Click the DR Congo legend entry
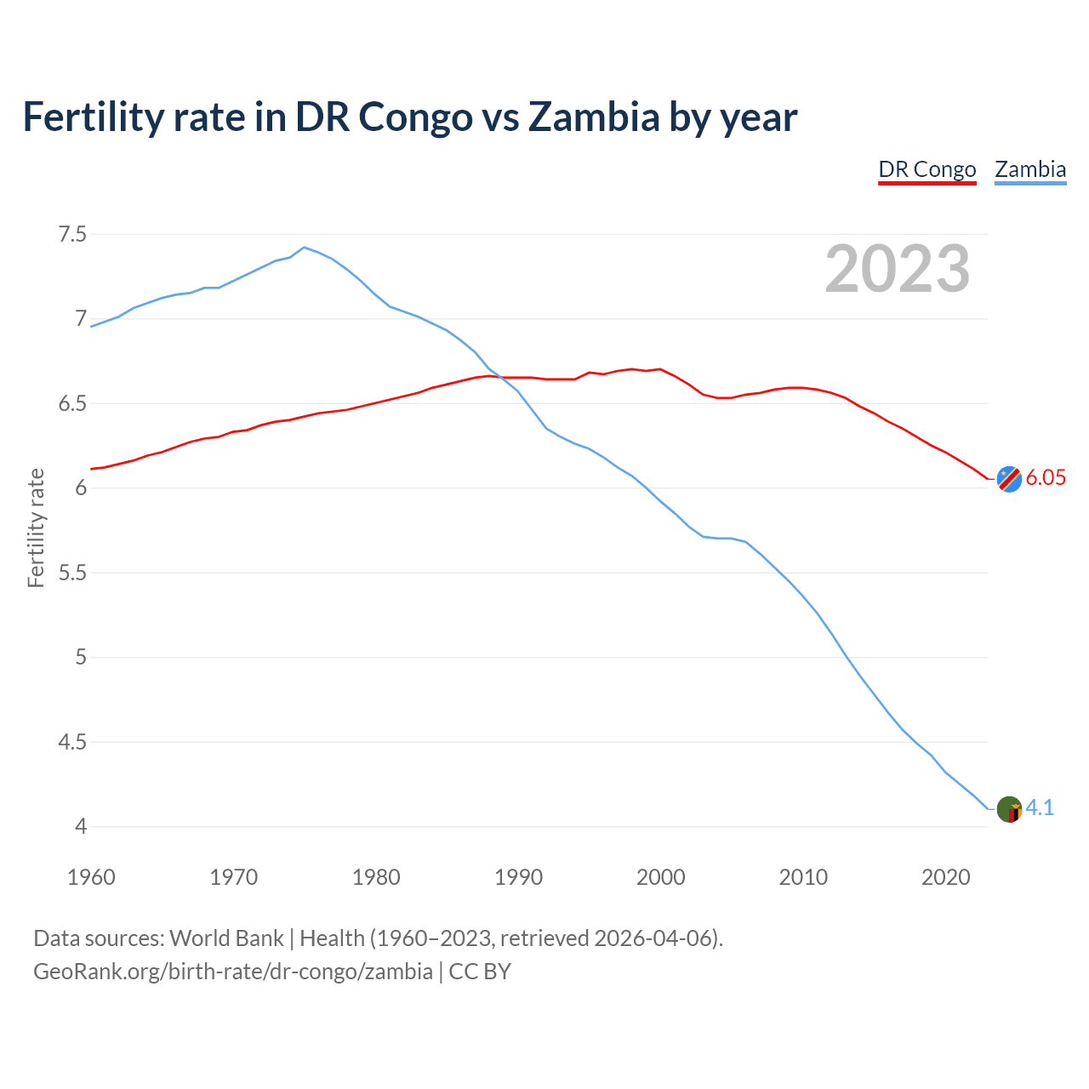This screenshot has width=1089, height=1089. point(927,169)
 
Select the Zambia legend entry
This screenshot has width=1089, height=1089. point(1030,169)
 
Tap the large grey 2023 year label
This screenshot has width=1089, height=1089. point(898,269)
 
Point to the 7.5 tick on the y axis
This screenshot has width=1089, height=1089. point(72,234)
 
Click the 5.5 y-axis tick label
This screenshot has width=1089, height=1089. point(72,573)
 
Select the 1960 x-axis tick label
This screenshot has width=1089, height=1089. point(91,877)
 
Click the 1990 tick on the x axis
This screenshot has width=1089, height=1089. point(518,877)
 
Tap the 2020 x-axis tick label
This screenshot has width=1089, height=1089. point(945,877)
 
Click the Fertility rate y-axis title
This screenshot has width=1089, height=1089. point(36,527)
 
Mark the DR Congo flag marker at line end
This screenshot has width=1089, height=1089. point(1009,479)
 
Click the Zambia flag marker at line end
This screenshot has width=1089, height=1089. point(1009,809)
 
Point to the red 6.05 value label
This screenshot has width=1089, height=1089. point(1046,478)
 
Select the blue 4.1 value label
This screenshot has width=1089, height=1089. point(1040,808)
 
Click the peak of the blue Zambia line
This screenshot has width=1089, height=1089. point(305,248)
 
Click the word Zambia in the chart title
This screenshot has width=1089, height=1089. point(594,117)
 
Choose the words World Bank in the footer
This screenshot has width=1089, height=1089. point(226,938)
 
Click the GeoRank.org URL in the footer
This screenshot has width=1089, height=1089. point(233,972)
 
